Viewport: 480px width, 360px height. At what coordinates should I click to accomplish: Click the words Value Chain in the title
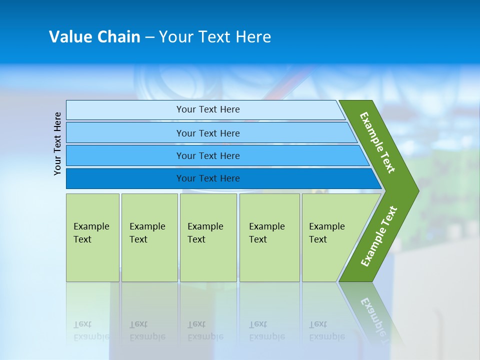click(94, 37)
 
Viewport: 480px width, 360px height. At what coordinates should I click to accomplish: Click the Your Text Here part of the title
click(215, 37)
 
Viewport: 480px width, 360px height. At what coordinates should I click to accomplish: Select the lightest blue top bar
click(125, 110)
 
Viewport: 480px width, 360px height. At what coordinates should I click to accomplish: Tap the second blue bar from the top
click(125, 133)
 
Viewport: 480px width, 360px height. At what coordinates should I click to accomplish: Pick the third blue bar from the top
click(125, 155)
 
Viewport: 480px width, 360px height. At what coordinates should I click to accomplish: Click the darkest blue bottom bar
click(125, 178)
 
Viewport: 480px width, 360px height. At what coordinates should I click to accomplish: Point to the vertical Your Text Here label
click(57, 143)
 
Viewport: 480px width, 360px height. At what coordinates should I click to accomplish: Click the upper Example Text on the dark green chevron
click(377, 142)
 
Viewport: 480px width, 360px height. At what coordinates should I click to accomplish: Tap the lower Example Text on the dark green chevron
click(379, 236)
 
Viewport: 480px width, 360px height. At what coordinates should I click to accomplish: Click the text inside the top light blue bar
click(208, 109)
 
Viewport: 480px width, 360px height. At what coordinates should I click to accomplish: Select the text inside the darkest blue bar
click(208, 178)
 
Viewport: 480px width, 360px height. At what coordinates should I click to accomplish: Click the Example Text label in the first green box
click(91, 232)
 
